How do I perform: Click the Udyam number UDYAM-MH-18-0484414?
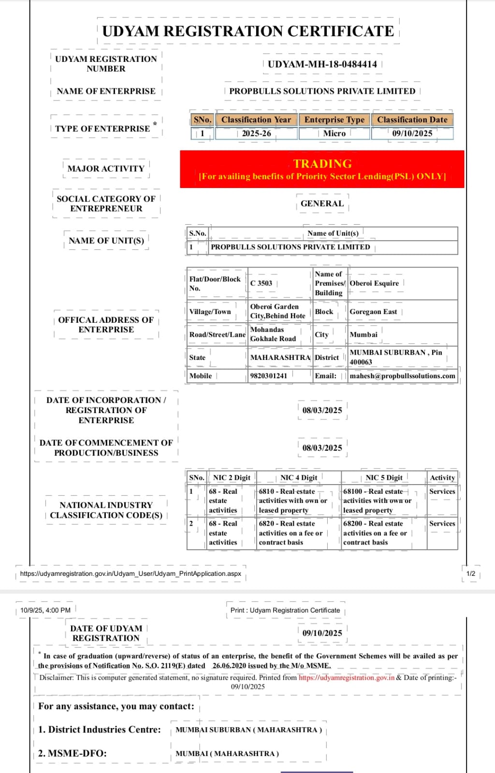(322, 64)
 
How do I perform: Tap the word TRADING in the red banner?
(322, 164)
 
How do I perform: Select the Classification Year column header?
(256, 120)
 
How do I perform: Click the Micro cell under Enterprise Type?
(334, 133)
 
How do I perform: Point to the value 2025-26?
(256, 133)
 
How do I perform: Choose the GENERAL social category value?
(322, 203)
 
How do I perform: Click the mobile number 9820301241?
(269, 376)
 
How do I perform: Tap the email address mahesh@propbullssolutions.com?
(402, 376)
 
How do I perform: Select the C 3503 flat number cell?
(262, 284)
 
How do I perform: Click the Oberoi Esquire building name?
(374, 284)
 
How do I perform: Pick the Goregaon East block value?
(373, 312)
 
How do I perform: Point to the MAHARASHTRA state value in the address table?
(280, 358)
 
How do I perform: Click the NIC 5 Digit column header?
(384, 478)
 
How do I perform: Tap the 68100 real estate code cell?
(377, 501)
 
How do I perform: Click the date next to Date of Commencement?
(322, 448)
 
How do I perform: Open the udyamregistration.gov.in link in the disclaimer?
(346, 678)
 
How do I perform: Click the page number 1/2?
(471, 574)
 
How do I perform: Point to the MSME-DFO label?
(73, 753)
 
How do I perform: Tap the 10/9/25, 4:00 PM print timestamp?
(45, 610)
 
